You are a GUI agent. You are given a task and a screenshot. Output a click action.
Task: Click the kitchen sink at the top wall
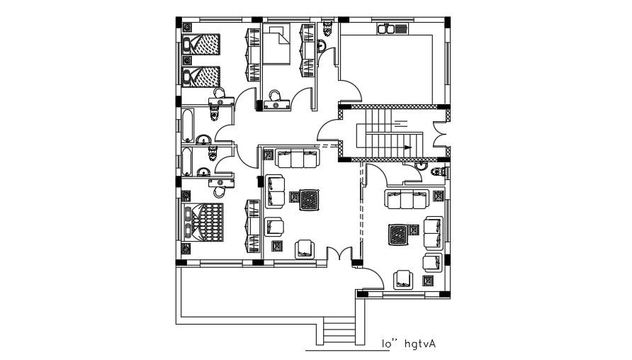click(394, 28)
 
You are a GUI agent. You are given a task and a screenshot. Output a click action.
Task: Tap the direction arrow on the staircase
click(407, 147)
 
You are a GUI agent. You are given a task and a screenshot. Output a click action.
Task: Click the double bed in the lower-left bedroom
click(206, 223)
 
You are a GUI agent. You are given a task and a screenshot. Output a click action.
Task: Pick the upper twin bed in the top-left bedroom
click(201, 45)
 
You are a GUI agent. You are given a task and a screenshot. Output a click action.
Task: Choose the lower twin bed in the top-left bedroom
click(201, 76)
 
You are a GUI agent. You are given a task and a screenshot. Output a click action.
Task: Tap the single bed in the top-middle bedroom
click(278, 45)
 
